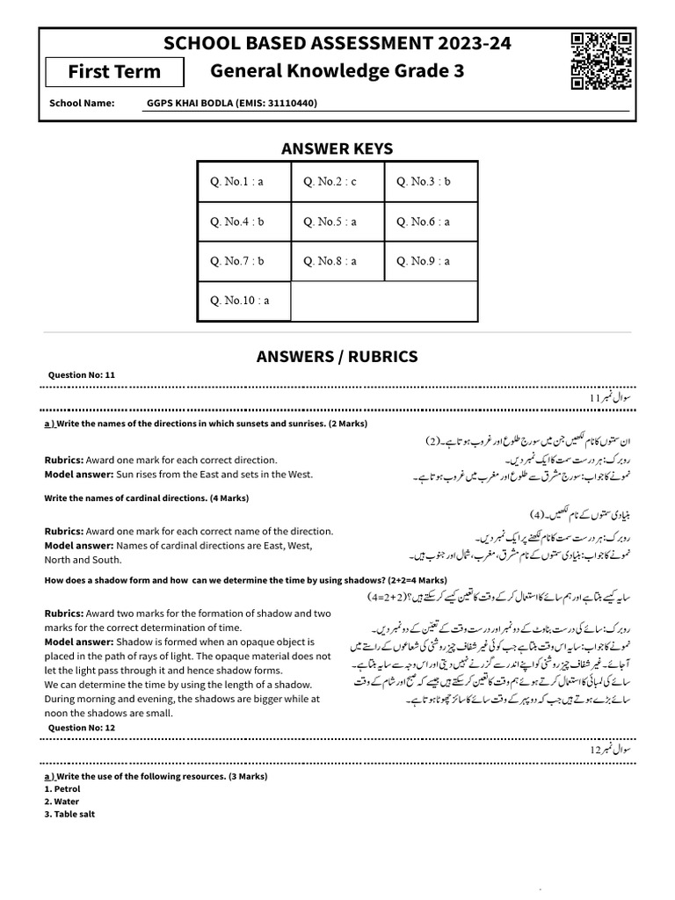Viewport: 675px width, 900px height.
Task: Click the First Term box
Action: pos(114,71)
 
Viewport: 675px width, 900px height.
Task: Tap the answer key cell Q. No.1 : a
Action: pos(243,182)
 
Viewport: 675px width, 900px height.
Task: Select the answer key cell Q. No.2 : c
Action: pos(337,182)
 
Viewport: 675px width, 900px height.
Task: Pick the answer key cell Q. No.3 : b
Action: pos(431,182)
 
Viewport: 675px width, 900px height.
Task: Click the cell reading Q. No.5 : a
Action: pos(337,221)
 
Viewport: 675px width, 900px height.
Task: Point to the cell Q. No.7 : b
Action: pos(243,261)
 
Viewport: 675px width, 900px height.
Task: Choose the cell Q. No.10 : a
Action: pos(243,301)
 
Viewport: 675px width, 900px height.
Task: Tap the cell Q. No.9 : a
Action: pos(431,261)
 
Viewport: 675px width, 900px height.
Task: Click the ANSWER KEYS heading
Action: pos(337,149)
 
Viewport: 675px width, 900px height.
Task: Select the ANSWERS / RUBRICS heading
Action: pos(337,356)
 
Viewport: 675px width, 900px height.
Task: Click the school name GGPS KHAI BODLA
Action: pos(232,104)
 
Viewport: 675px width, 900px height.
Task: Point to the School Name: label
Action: pos(82,104)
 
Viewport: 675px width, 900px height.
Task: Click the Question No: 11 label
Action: pos(82,375)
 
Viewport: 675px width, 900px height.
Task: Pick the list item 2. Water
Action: pos(62,802)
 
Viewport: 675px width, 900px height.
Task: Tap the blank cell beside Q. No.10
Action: pos(383,301)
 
